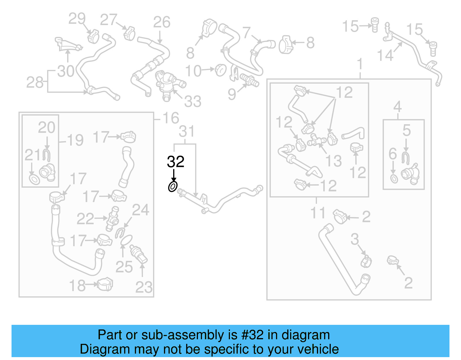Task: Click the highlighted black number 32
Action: [x=175, y=162]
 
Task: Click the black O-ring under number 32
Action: [x=173, y=187]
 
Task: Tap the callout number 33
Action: [x=192, y=101]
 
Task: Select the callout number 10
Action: [x=193, y=71]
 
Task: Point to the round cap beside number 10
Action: [x=221, y=70]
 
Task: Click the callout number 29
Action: [x=77, y=19]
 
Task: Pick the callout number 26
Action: [x=162, y=22]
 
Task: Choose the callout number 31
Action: [x=187, y=132]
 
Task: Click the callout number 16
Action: [x=171, y=118]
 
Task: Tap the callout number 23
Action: [x=144, y=287]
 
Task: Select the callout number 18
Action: [x=77, y=286]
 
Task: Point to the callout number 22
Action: [x=85, y=219]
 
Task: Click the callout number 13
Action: [x=333, y=161]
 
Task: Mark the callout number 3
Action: [x=355, y=239]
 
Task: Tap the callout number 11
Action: [x=318, y=213]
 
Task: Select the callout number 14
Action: [x=385, y=55]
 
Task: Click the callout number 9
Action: [x=232, y=94]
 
